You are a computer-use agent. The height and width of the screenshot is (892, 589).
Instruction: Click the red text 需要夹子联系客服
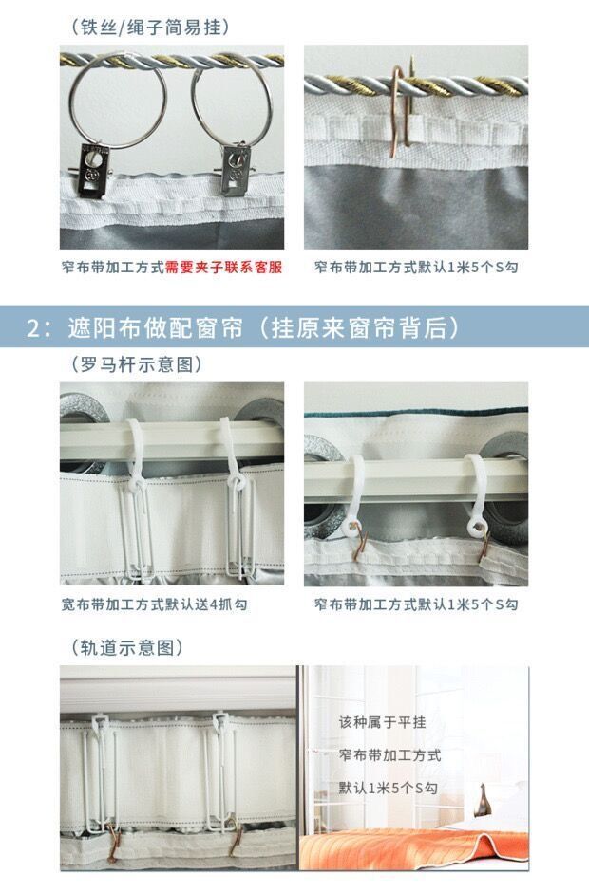223,268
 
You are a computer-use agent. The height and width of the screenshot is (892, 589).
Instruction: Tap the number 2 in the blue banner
35,329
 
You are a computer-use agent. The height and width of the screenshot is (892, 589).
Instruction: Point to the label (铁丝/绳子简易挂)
150,28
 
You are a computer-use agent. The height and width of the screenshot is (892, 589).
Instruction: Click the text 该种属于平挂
383,722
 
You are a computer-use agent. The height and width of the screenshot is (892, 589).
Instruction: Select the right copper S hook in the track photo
237,835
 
